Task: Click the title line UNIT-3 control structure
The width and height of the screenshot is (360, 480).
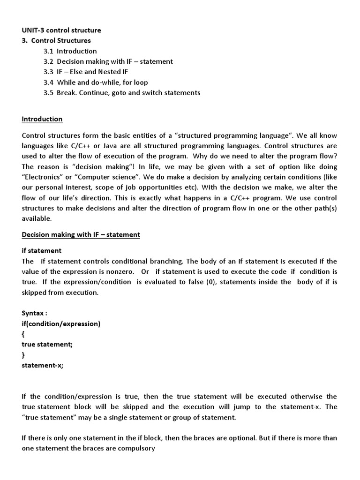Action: tap(61, 30)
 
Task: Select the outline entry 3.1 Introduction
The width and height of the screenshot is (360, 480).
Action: tap(70, 51)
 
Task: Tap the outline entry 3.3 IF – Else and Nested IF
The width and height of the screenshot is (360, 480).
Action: tap(86, 72)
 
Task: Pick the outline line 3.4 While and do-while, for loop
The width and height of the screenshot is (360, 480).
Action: tap(96, 82)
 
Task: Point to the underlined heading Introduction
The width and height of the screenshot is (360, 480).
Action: tap(42, 119)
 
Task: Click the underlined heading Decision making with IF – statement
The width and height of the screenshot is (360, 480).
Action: tap(81, 234)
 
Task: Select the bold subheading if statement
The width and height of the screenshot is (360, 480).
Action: tap(42, 251)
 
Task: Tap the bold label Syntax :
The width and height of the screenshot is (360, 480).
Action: tap(35, 313)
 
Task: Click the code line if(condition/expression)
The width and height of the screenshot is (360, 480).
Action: tap(61, 323)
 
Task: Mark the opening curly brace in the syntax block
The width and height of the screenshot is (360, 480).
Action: tap(23, 334)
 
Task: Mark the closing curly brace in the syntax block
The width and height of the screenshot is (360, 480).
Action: tap(23, 354)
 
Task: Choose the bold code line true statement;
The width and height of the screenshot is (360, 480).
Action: tap(47, 344)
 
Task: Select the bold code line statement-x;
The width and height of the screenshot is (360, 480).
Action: tap(42, 365)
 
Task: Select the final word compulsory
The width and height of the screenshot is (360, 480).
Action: tap(136, 448)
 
